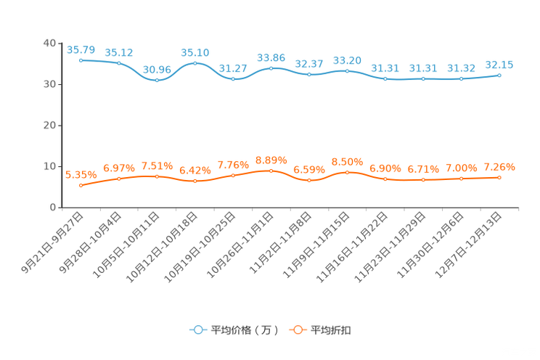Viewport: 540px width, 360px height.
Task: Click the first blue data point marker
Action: (81, 61)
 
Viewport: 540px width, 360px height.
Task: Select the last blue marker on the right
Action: (500, 75)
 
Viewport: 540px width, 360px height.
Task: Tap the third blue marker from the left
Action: (157, 79)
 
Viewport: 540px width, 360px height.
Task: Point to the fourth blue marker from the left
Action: (195, 64)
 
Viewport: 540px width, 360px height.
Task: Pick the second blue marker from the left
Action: (119, 64)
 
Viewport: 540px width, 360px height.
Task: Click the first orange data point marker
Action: (81, 186)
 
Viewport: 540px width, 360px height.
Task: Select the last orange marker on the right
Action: (500, 176)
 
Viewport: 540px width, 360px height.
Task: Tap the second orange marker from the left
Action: (119, 178)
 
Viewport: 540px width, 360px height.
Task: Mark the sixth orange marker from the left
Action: (271, 171)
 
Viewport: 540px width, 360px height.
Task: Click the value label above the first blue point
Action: (81, 49)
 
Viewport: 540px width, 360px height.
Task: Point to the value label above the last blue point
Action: (500, 65)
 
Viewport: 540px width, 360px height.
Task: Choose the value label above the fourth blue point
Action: (195, 52)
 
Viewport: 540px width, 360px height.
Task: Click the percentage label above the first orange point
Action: (81, 175)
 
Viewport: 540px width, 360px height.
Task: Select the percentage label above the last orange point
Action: (500, 167)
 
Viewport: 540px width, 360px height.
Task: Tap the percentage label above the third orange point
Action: (157, 165)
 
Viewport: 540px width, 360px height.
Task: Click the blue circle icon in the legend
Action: (197, 330)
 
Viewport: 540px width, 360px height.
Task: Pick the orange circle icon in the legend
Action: (297, 330)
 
